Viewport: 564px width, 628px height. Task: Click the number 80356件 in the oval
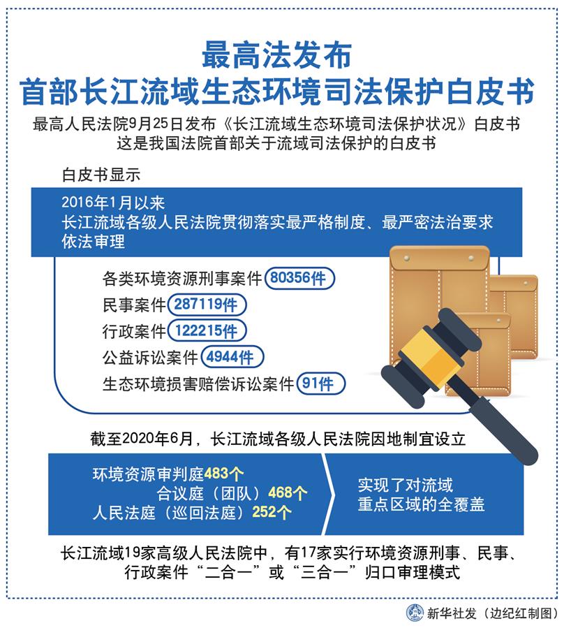(x=300, y=279)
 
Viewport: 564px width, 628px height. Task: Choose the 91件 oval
(x=321, y=384)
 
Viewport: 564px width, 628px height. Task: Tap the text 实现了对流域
(x=405, y=484)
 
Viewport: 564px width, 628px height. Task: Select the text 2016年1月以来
(x=113, y=203)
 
